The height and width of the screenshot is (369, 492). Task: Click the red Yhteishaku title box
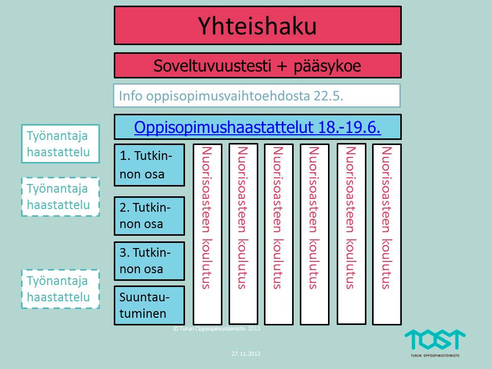coord(258,26)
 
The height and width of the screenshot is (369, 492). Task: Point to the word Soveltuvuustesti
coord(212,66)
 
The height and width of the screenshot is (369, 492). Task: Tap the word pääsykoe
coord(327,67)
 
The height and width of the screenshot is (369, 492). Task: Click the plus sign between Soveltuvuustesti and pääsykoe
coord(282,67)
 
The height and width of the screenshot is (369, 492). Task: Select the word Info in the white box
coord(131,96)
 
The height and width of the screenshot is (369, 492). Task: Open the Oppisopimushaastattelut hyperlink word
coord(224,128)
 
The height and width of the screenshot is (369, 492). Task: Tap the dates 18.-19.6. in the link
coord(349,128)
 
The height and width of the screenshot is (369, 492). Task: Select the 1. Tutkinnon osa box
coord(149,165)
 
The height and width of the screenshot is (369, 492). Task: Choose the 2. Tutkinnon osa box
coord(149,216)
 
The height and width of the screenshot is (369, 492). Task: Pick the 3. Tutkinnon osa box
coord(149,261)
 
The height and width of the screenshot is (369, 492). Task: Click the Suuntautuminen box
coord(149,305)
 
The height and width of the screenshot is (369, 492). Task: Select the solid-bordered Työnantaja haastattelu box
coord(60,143)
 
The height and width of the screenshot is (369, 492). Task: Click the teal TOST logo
coord(435,340)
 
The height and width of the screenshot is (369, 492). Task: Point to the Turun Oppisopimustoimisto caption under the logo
coord(435,356)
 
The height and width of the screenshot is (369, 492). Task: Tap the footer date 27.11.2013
coord(245,354)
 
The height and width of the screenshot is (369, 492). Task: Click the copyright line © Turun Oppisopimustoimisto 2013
coord(216,329)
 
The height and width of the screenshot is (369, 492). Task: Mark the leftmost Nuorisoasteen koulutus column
coord(208,234)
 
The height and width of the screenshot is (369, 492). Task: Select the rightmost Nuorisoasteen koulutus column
coord(387,234)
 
